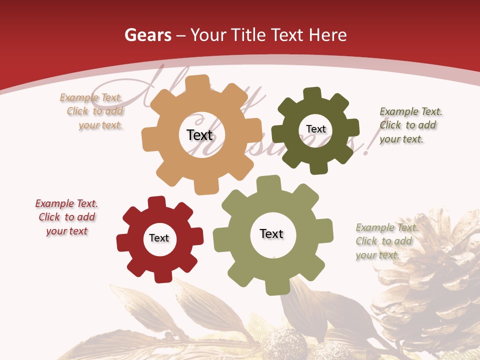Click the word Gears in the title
[145, 35]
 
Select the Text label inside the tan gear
[199, 135]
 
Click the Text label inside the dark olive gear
[315, 129]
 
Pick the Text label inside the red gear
[159, 238]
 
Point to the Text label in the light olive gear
[271, 233]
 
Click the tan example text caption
[92, 111]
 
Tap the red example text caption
[66, 217]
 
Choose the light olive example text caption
[385, 241]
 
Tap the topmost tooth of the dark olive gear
[312, 93]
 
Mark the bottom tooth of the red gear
[162, 276]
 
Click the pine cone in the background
[430, 280]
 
